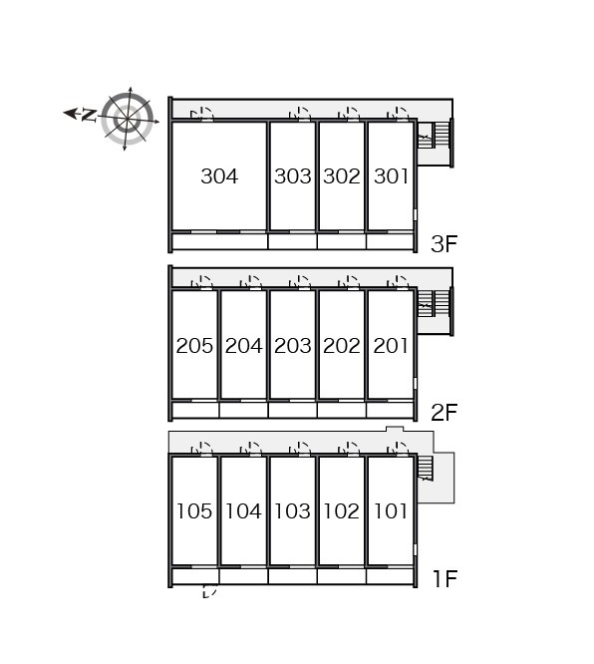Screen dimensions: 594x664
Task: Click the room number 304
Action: tap(219, 176)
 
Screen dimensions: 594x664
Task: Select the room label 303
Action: tap(293, 176)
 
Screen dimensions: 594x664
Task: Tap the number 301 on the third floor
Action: tap(391, 176)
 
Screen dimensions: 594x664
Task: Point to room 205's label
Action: tap(194, 346)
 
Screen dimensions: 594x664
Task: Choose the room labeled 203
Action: tap(293, 346)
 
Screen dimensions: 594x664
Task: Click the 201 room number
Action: tap(391, 346)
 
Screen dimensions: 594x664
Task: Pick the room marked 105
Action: tap(194, 511)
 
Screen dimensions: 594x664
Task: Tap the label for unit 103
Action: tap(293, 511)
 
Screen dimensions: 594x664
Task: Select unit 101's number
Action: tap(391, 511)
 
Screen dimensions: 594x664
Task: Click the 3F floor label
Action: tap(445, 244)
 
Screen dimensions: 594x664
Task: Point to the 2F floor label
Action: tap(445, 413)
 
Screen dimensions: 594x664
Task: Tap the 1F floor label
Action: tap(445, 579)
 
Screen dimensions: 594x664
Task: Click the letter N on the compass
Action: tap(89, 116)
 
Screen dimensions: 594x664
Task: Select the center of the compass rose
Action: tap(128, 119)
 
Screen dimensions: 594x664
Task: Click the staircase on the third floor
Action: tap(433, 135)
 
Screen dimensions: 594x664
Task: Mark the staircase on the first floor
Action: tap(426, 468)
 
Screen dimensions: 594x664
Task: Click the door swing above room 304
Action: tap(202, 115)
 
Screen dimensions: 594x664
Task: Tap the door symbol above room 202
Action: tap(349, 282)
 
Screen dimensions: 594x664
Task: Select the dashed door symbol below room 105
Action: tap(210, 591)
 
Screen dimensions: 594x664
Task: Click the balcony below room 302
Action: tap(341, 241)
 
